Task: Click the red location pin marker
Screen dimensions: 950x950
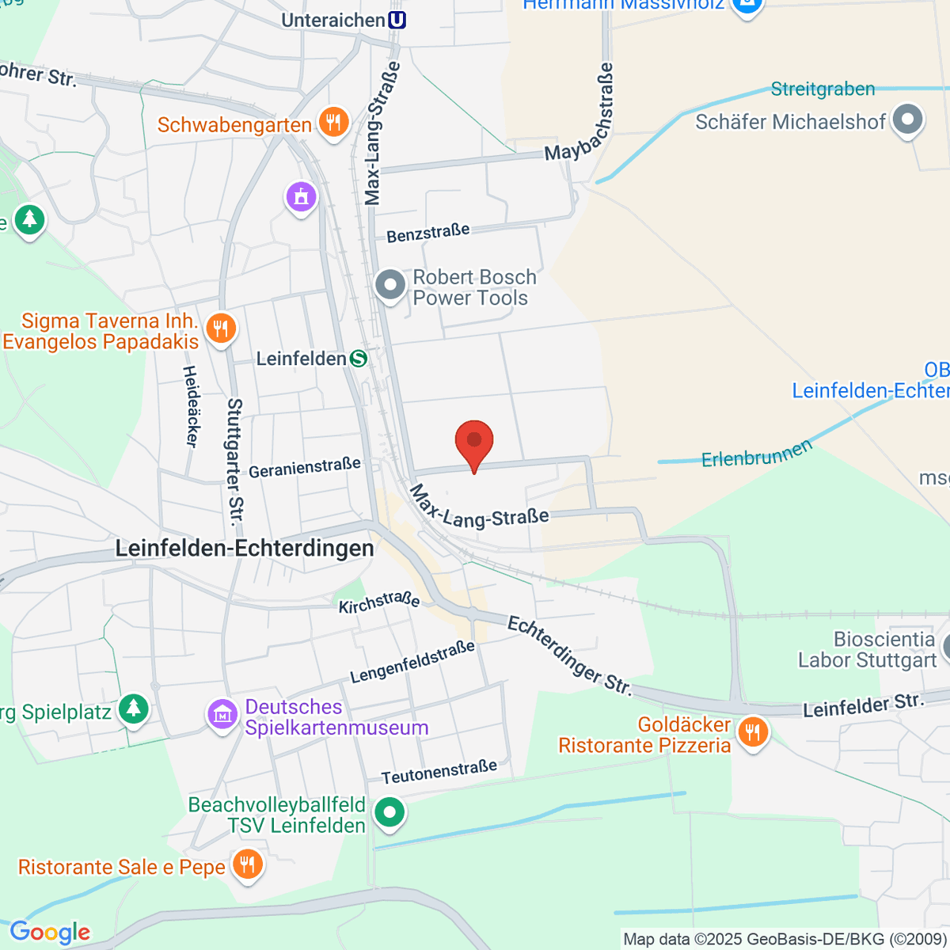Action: [x=474, y=441]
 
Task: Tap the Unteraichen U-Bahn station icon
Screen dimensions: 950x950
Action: [x=397, y=20]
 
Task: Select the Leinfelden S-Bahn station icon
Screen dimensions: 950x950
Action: [x=359, y=359]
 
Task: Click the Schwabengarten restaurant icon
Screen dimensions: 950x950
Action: [x=334, y=123]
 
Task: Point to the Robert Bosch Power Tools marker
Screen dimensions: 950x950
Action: [x=389, y=285]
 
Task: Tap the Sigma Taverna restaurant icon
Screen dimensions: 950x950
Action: [x=221, y=328]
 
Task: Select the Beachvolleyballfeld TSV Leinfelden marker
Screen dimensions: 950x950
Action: [x=389, y=813]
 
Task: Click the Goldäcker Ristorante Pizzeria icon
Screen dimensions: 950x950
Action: [x=752, y=732]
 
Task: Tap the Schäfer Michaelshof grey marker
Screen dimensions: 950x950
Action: [x=907, y=120]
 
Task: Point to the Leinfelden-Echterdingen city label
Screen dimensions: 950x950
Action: [x=245, y=549]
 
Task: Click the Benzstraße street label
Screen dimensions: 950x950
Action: [x=428, y=233]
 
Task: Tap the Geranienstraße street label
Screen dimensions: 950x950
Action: [x=305, y=468]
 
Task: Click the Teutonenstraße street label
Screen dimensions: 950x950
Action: [x=439, y=772]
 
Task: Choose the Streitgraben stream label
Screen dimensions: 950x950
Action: [x=823, y=89]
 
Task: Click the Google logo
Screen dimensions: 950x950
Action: [x=50, y=932]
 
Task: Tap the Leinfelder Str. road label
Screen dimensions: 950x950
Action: [x=863, y=705]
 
